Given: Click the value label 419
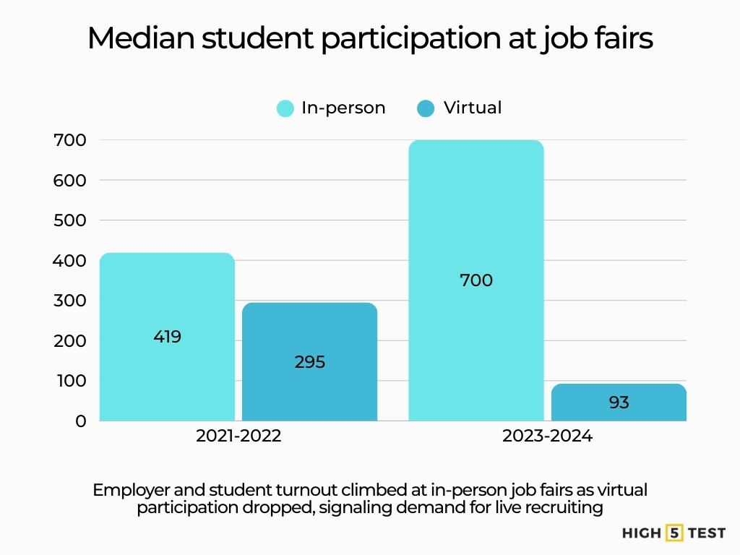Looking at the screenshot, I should (x=167, y=337).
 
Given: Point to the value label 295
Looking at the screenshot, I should (x=310, y=362).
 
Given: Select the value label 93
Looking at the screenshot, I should (x=619, y=403).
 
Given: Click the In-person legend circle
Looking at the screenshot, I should (x=285, y=108).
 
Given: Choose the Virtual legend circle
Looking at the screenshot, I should (x=426, y=108).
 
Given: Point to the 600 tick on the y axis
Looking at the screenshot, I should (x=70, y=180).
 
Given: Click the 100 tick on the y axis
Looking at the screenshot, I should (x=70, y=381).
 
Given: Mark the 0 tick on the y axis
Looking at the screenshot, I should (x=79, y=421).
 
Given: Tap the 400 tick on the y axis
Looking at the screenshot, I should (x=70, y=260).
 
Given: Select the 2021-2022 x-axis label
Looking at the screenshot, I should (x=238, y=436).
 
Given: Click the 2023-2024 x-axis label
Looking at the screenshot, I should (x=547, y=436).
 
